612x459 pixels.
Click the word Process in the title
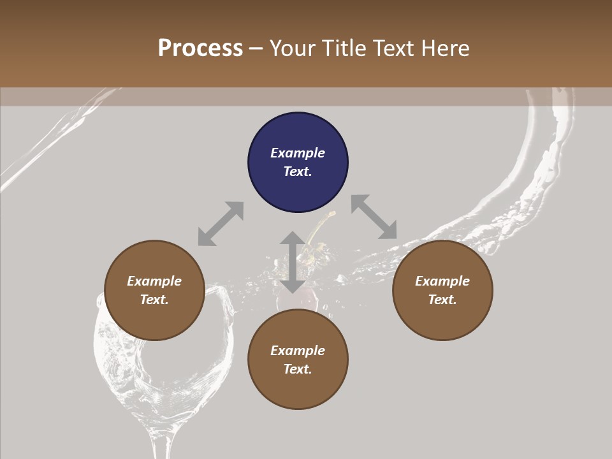(x=200, y=48)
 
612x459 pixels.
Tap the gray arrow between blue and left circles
(x=221, y=224)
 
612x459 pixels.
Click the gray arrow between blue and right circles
(x=374, y=217)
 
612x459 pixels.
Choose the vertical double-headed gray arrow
(x=293, y=262)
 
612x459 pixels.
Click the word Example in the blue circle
(x=298, y=153)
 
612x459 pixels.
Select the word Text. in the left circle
(x=154, y=300)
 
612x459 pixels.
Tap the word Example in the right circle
(x=442, y=281)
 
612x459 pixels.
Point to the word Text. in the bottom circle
(x=298, y=369)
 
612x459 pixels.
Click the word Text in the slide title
(x=393, y=48)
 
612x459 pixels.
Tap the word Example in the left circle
(x=154, y=281)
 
